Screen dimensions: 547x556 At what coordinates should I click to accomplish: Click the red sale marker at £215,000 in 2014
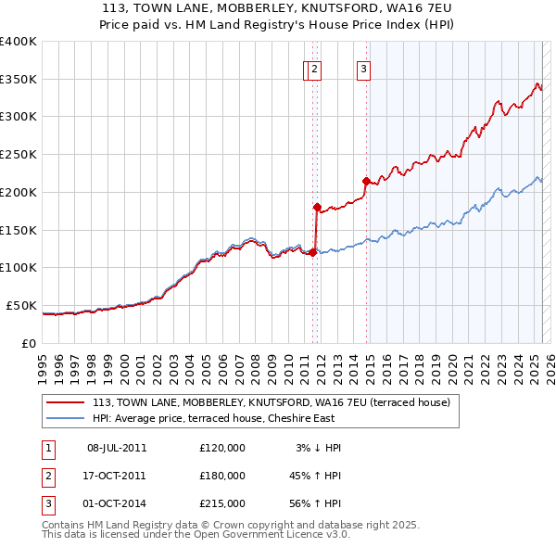coord(366,181)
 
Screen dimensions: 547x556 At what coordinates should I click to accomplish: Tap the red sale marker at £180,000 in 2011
coord(317,207)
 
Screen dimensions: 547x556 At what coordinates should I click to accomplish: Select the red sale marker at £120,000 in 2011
coord(312,252)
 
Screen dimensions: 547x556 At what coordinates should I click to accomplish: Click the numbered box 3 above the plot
coord(363,68)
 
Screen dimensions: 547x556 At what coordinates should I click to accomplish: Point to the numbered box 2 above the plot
coord(315,68)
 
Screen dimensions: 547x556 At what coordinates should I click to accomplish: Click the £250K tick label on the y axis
coord(18,155)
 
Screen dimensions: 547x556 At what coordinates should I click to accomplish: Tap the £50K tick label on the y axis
coord(21,305)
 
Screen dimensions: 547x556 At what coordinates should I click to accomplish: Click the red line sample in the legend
coord(66,403)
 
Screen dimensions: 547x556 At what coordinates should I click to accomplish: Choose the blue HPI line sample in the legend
coord(66,417)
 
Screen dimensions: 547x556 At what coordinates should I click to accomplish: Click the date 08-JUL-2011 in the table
coord(117,448)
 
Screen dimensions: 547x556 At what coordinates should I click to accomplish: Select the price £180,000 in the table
coord(222,476)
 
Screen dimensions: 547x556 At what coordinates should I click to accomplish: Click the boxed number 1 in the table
coord(47,448)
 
